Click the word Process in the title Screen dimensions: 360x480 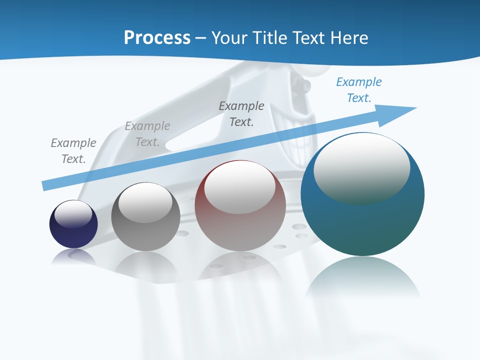click(157, 37)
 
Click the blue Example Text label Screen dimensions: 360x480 click(358, 90)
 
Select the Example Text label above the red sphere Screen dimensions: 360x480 click(241, 114)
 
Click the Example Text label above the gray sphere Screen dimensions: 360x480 click(147, 134)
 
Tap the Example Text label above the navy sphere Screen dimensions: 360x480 click(73, 151)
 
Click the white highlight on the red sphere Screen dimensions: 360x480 click(239, 187)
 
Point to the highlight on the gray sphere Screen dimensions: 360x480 click(145, 202)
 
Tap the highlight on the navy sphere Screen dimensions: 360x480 click(73, 213)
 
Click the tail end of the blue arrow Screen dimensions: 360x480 click(47, 185)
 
